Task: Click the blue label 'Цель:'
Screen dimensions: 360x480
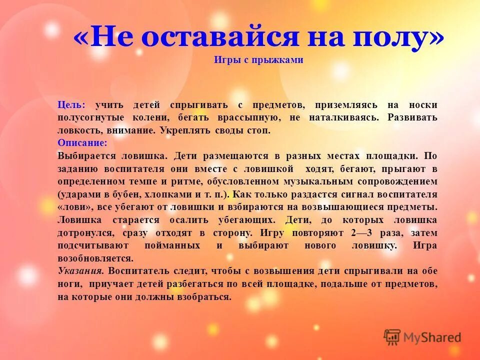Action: pyautogui.click(x=71, y=105)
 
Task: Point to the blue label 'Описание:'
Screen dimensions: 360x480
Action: pyautogui.click(x=82, y=143)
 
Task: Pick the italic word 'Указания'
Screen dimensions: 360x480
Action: pyautogui.click(x=80, y=271)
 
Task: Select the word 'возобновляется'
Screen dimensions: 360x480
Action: pyautogui.click(x=95, y=259)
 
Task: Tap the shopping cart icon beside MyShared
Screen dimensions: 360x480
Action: pyautogui.click(x=392, y=337)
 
